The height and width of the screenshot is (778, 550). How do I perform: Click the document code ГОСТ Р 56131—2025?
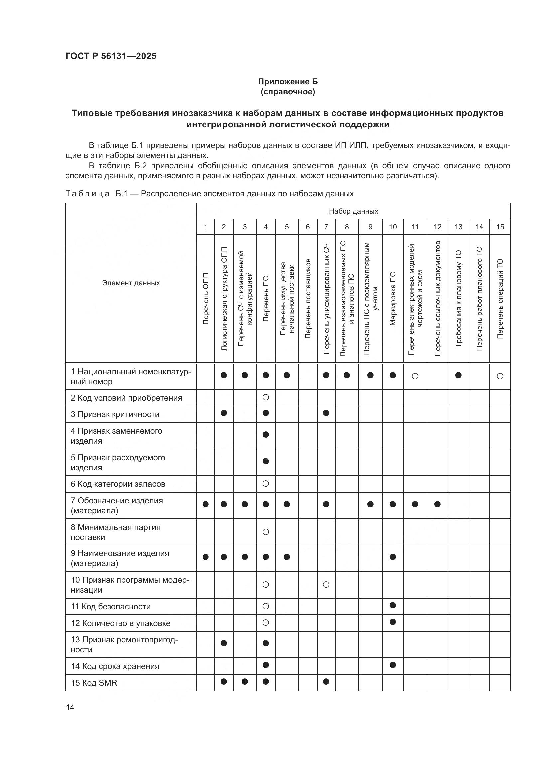click(111, 56)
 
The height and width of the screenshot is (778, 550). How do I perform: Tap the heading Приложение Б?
click(288, 82)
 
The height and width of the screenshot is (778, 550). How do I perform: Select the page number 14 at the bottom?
click(70, 707)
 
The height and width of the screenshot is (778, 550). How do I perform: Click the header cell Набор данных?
click(353, 211)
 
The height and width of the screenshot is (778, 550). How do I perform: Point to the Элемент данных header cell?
click(131, 283)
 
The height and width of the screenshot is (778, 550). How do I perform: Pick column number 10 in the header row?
click(392, 227)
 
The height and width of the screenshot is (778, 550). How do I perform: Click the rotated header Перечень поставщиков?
click(308, 298)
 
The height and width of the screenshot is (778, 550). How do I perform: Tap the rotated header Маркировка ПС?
click(392, 298)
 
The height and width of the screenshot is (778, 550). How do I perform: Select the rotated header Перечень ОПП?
click(206, 298)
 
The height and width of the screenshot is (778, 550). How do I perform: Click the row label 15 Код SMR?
click(94, 683)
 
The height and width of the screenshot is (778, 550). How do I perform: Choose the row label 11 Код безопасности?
click(110, 607)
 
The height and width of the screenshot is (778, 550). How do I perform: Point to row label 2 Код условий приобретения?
click(126, 398)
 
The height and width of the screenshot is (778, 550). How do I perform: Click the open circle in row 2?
click(265, 397)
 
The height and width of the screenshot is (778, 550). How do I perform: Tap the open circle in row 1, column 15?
click(500, 376)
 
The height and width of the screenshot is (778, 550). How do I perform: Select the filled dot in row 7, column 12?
click(437, 504)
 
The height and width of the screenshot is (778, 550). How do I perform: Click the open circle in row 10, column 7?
click(326, 584)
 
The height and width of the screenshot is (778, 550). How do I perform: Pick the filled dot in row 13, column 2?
click(223, 643)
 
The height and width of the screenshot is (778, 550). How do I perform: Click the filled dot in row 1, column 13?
click(458, 375)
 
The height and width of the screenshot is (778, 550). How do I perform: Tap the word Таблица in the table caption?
click(87, 194)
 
